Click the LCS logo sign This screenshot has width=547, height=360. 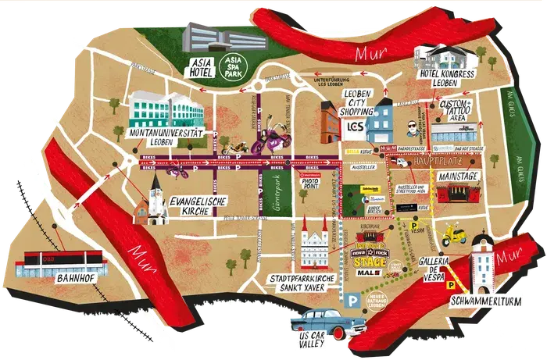coord(356,127)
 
